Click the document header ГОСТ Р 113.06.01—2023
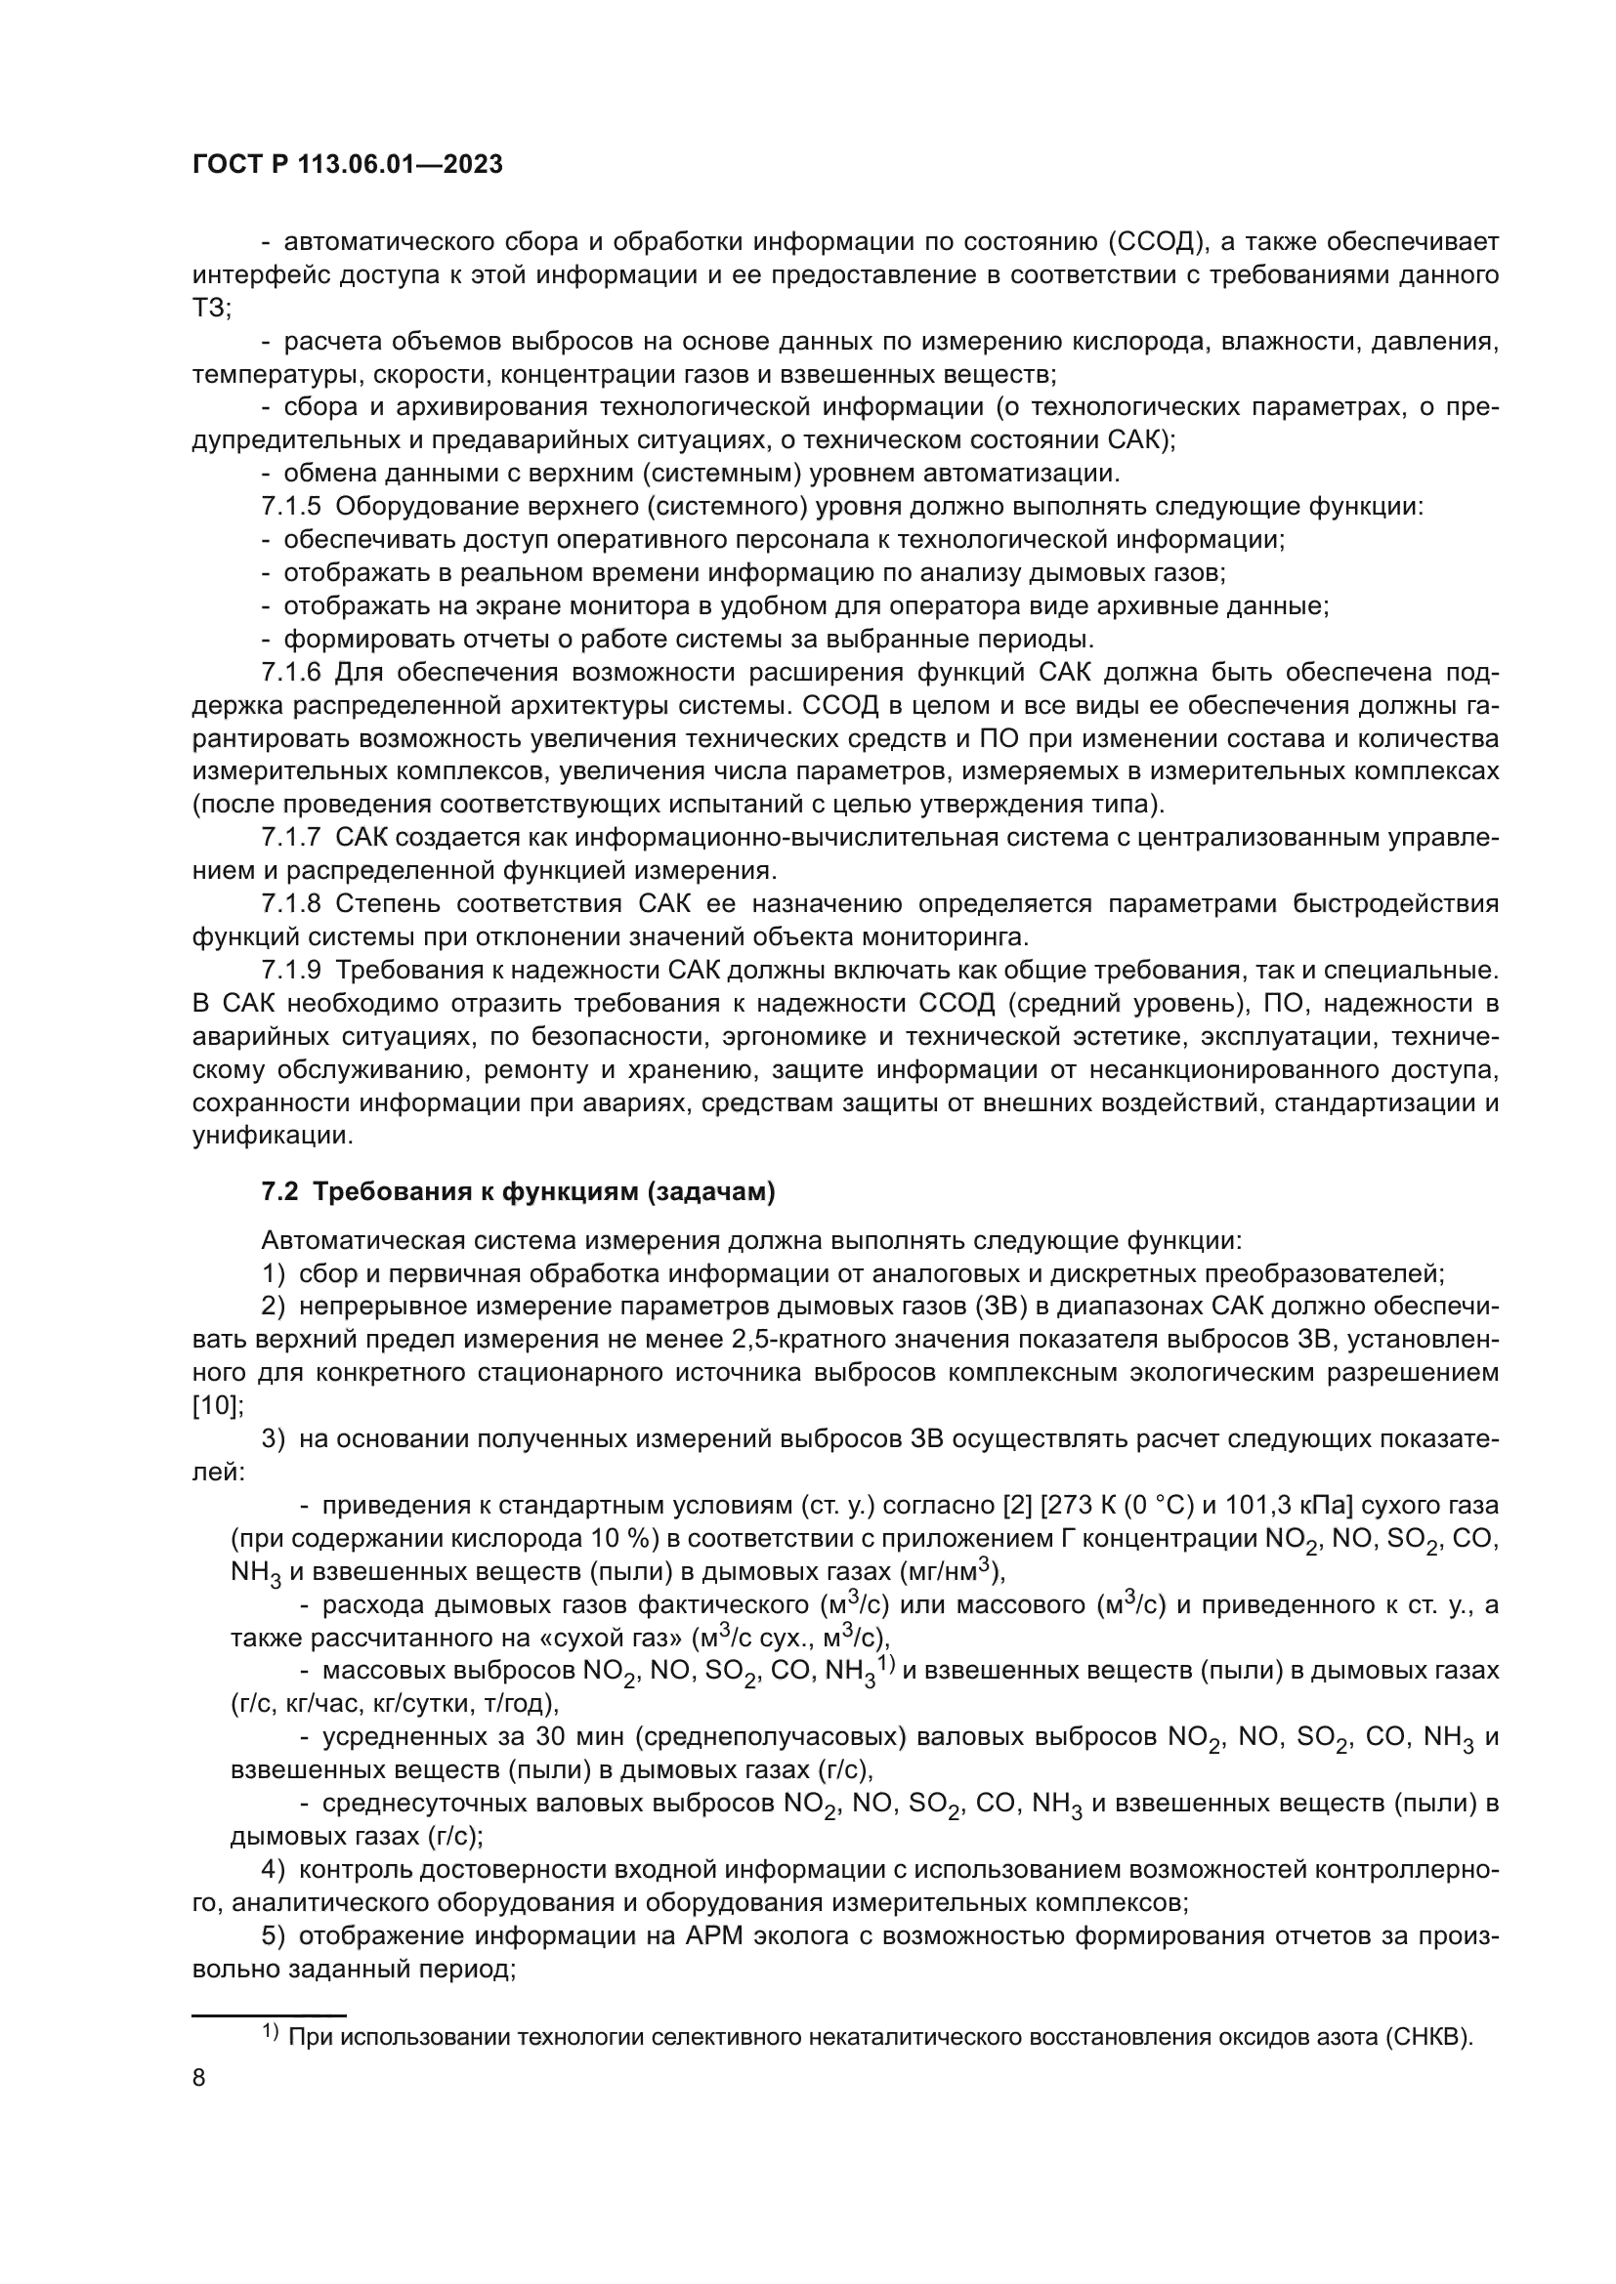(347, 165)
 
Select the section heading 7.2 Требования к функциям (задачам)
(518, 1191)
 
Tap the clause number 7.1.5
(290, 507)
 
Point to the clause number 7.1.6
(290, 673)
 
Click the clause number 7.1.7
(290, 838)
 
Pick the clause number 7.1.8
(290, 903)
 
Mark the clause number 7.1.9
(290, 970)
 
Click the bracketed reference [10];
(218, 1406)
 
